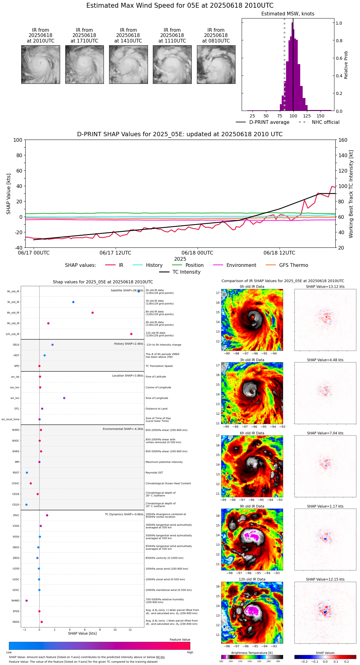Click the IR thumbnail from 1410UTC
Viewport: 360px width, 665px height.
[x=128, y=64]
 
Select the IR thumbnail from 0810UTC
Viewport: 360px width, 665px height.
[x=216, y=64]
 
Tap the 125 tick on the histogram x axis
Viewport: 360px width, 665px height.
[x=307, y=116]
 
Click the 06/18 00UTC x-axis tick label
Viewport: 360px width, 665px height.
[x=197, y=253]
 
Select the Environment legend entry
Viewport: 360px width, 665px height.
[x=241, y=265]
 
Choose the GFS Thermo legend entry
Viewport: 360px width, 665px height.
[x=293, y=265]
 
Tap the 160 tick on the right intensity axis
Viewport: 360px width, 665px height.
[x=343, y=140]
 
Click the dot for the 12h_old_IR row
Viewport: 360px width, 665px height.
[x=131, y=334]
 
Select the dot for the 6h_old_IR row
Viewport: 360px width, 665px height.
[x=92, y=313]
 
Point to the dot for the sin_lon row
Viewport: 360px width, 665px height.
[x=64, y=398]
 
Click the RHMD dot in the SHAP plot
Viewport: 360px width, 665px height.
[x=27, y=601]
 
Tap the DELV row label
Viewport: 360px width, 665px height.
[x=16, y=345]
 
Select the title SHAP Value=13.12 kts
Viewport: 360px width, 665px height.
[x=325, y=287]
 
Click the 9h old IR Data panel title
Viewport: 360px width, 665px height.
[x=252, y=506]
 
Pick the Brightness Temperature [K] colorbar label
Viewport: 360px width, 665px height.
[x=252, y=653]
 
